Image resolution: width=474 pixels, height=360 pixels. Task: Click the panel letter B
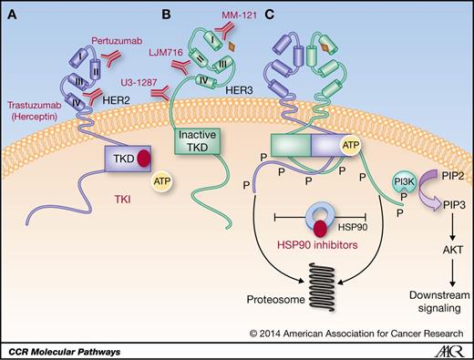[x=142, y=15]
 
